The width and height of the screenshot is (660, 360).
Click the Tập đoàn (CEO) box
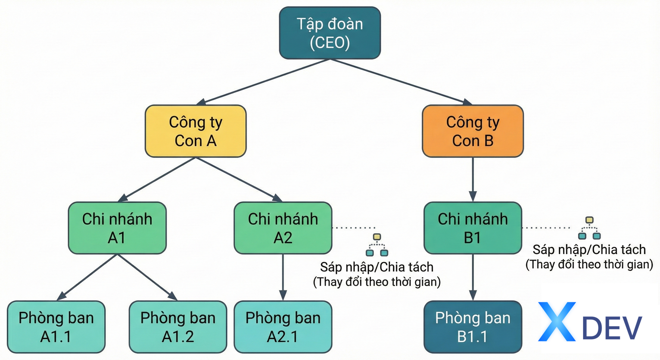point(330,33)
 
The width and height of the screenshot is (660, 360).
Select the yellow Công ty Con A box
point(196,131)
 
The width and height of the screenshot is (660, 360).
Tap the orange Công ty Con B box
point(473,131)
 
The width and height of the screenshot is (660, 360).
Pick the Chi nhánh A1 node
point(117,228)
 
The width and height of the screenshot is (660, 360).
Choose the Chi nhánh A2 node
point(283,228)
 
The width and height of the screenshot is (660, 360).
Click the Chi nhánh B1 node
point(473,228)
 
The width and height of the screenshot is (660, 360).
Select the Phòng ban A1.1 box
point(56,327)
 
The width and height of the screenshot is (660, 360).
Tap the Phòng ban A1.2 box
point(178,327)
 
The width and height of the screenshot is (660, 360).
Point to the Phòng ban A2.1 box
point(283,327)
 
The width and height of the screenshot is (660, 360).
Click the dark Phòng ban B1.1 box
point(473,327)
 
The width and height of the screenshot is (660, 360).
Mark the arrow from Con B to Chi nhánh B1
point(473,178)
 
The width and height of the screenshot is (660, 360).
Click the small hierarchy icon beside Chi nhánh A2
point(377,245)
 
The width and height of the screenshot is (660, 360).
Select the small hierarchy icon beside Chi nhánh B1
point(589,228)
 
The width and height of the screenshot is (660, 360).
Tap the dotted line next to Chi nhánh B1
point(546,228)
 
